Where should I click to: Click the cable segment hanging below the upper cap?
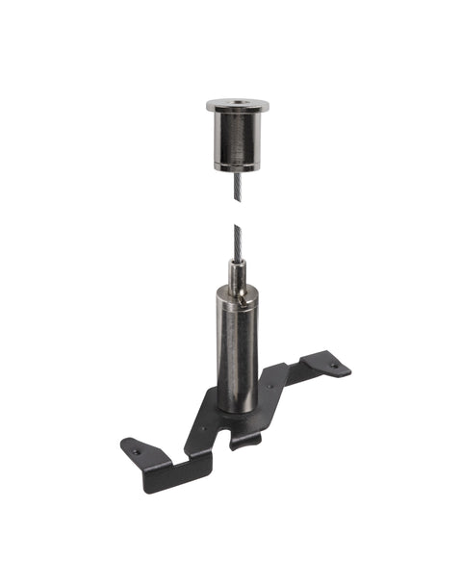pyautogui.click(x=237, y=183)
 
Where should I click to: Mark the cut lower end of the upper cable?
pyautogui.click(x=237, y=200)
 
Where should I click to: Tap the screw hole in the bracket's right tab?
pyautogui.click(x=334, y=366)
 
